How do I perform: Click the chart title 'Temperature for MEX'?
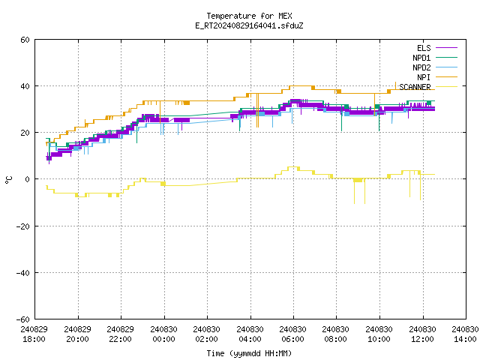click(x=249, y=16)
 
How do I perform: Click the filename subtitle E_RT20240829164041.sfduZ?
click(x=249, y=25)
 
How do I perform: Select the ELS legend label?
click(x=424, y=48)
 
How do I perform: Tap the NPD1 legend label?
click(x=421, y=58)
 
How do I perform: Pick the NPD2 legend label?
click(x=421, y=67)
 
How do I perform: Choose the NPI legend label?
click(x=424, y=77)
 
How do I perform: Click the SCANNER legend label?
click(x=415, y=87)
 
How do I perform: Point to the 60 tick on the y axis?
click(x=25, y=40)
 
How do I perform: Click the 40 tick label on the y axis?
click(x=25, y=86)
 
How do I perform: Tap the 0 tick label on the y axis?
click(x=28, y=179)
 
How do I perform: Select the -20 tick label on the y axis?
click(x=23, y=226)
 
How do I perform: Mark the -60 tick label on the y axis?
click(x=23, y=319)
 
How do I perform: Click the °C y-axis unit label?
click(x=8, y=180)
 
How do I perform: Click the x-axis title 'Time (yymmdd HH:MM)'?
click(x=249, y=353)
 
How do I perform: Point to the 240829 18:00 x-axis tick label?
click(x=34, y=334)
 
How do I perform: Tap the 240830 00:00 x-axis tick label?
click(x=163, y=334)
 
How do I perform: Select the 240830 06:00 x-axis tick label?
click(x=293, y=334)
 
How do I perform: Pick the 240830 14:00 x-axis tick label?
click(x=465, y=334)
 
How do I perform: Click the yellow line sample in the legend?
click(x=446, y=87)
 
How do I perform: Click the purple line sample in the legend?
click(x=446, y=48)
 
